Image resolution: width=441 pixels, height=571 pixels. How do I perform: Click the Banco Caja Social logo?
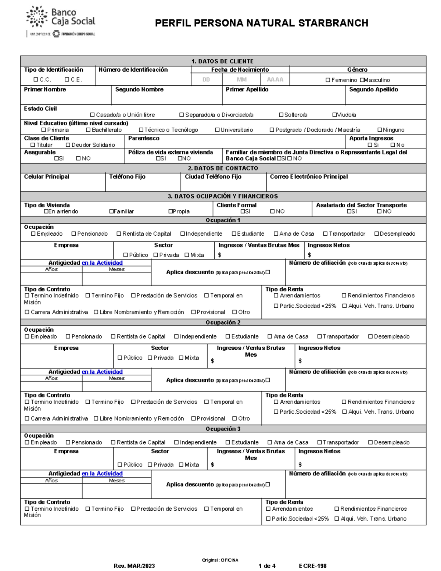click(x=61, y=21)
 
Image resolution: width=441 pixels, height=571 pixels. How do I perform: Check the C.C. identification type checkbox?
click(x=36, y=79)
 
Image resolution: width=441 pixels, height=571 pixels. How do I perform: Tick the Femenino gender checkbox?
click(x=328, y=80)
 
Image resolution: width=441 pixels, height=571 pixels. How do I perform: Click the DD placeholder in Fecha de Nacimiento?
click(x=206, y=79)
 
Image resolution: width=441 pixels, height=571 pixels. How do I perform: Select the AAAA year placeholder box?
click(x=275, y=79)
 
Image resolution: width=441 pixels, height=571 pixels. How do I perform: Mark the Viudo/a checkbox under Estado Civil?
click(x=334, y=115)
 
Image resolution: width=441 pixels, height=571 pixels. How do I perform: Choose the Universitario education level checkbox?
click(x=217, y=130)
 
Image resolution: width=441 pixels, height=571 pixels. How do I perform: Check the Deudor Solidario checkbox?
click(x=68, y=145)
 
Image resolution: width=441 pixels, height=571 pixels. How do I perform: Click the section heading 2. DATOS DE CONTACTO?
click(x=223, y=168)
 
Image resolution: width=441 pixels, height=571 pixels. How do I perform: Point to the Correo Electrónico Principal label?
click(x=309, y=177)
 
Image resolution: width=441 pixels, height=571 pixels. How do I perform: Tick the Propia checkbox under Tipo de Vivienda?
click(x=171, y=211)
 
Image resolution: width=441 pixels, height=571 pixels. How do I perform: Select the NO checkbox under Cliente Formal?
click(x=272, y=211)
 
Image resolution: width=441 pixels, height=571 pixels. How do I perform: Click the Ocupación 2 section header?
click(x=223, y=322)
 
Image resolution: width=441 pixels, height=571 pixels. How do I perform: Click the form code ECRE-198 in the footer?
click(x=312, y=566)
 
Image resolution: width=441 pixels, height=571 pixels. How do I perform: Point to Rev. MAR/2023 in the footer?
click(x=134, y=566)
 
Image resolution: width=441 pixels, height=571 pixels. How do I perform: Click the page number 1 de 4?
click(x=267, y=566)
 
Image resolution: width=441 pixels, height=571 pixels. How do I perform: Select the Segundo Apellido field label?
click(x=373, y=90)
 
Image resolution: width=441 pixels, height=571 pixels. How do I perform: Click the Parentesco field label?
click(x=144, y=138)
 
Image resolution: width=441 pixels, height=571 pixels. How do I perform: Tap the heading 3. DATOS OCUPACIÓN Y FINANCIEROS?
click(x=223, y=196)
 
